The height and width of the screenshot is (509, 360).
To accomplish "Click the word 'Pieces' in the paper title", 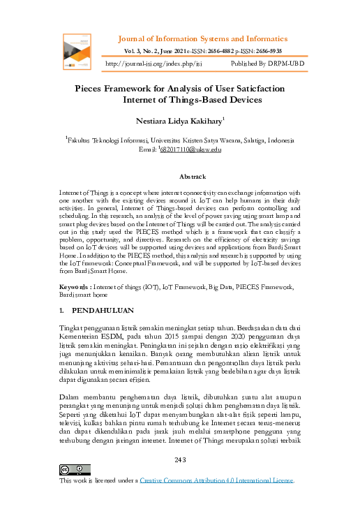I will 95,89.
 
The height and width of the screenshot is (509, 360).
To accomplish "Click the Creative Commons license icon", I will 70,468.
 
